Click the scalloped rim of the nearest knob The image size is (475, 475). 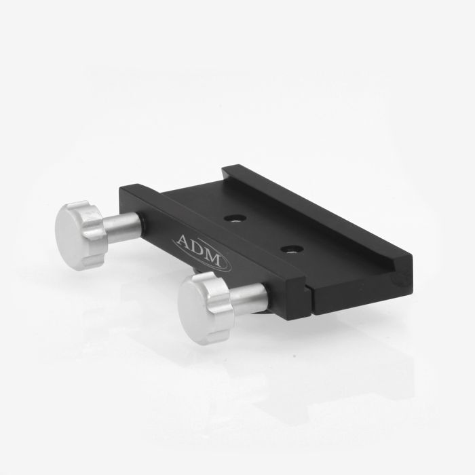pyautogui.click(x=217, y=306)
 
